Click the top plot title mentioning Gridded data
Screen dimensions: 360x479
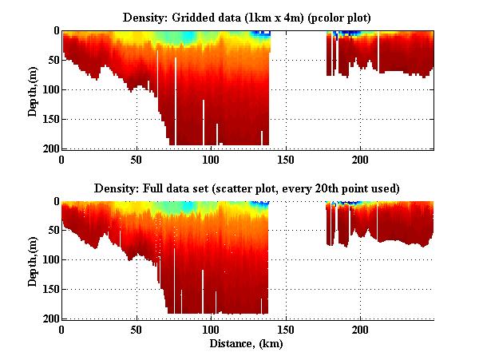(247, 17)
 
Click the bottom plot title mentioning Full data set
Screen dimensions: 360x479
(247, 188)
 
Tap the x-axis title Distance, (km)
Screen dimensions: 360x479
(247, 344)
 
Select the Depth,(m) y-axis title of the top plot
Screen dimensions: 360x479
(33, 89)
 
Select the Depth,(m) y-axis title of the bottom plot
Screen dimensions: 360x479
(33, 260)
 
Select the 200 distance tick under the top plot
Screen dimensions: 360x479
(360, 158)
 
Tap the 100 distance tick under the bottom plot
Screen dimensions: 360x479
(212, 329)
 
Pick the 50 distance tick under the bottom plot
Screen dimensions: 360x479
(137, 329)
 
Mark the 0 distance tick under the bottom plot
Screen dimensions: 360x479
(62, 329)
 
